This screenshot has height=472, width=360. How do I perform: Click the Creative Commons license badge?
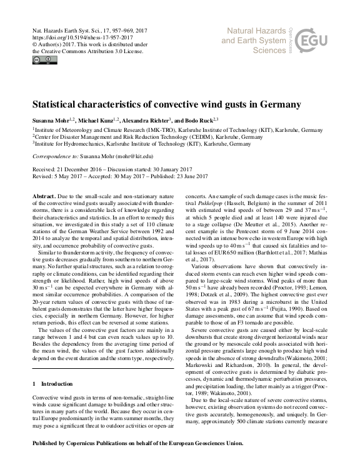pos(45,60)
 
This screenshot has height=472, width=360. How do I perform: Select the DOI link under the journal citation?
pos(81,37)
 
